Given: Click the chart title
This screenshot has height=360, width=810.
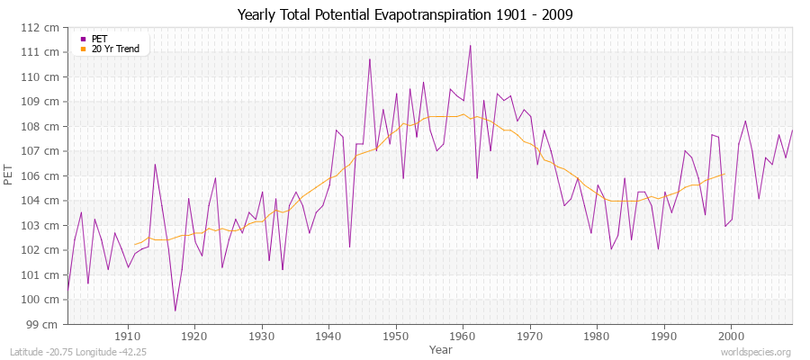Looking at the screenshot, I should (x=405, y=14).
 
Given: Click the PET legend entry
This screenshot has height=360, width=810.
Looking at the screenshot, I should (x=99, y=39).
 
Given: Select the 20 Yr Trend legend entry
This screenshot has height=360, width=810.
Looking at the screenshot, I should (x=115, y=49).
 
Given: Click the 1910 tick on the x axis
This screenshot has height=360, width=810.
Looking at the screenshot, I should (x=128, y=337).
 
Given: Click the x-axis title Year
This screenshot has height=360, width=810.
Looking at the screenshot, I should (x=441, y=349).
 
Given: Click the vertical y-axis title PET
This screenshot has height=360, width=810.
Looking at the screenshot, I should (x=10, y=175).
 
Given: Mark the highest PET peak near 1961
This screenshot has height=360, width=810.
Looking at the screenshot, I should (x=470, y=45).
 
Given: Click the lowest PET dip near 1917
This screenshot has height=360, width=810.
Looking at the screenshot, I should (x=175, y=310).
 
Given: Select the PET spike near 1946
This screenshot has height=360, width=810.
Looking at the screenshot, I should (x=369, y=59).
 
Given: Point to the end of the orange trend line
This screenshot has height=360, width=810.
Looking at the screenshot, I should (x=724, y=174).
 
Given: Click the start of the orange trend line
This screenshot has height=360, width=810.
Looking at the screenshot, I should (x=135, y=244).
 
